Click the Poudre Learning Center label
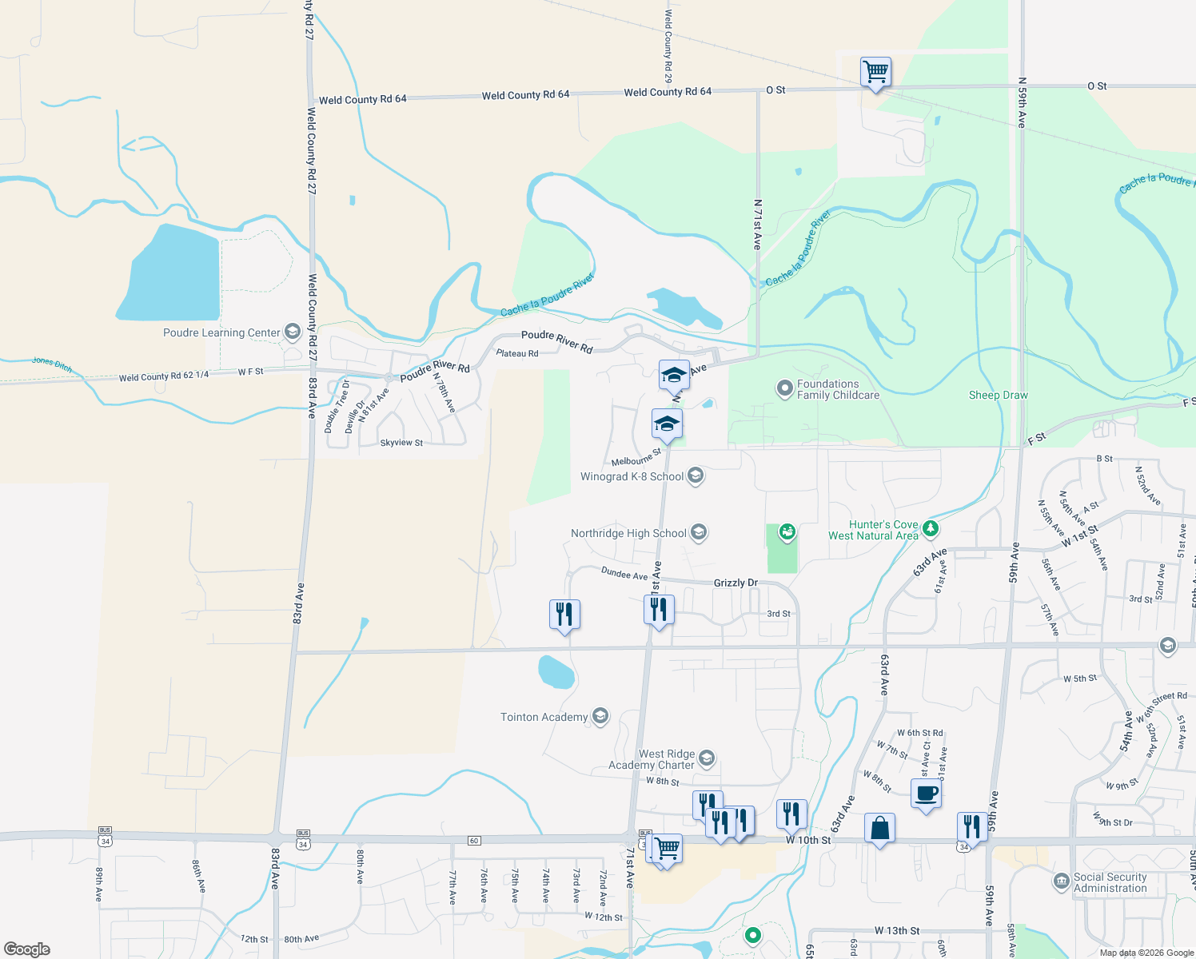click(x=221, y=333)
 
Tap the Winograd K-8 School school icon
click(x=696, y=476)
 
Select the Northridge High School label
click(x=628, y=533)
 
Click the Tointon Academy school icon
click(x=600, y=717)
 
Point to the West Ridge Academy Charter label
click(x=652, y=759)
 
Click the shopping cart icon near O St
click(x=875, y=72)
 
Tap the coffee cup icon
click(x=926, y=794)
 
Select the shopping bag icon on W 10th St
click(x=879, y=829)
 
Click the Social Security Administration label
click(x=1110, y=882)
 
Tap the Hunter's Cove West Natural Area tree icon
click(x=930, y=528)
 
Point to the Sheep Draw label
click(x=998, y=396)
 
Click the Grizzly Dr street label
click(x=736, y=583)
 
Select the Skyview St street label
click(x=401, y=443)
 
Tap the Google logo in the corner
click(x=26, y=949)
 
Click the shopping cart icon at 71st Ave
click(x=667, y=848)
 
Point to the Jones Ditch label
click(x=52, y=365)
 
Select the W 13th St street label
click(x=896, y=931)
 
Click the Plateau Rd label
click(x=516, y=353)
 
